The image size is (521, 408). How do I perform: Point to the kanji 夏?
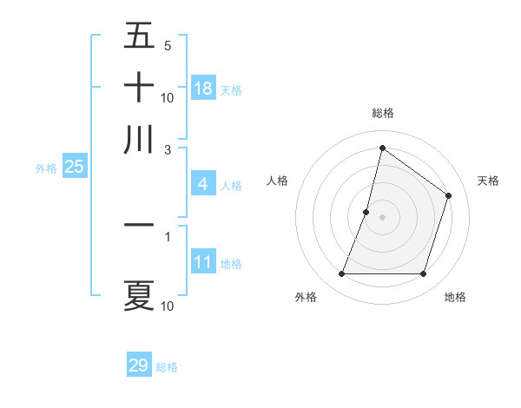coord(139,295)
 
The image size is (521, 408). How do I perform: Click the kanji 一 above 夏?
coord(139,225)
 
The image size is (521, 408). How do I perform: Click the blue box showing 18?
coord(203,89)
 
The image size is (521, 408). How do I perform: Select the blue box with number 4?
coord(202,184)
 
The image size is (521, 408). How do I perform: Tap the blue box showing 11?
coord(202,263)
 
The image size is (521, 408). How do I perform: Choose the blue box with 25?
coord(74,168)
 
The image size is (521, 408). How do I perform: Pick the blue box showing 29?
coord(139,365)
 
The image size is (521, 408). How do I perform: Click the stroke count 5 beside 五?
coord(167,45)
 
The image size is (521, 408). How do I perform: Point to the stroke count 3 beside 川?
coord(167,149)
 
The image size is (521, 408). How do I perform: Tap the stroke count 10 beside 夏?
coord(167,306)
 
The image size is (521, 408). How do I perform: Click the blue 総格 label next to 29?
coord(167,367)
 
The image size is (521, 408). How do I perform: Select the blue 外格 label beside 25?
coord(46,168)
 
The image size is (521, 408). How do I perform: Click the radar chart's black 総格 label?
coord(382,113)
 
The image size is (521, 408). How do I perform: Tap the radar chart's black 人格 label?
coord(278,181)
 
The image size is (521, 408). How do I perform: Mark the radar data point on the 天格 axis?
coord(449,196)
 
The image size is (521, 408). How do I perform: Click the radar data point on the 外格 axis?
coord(341,274)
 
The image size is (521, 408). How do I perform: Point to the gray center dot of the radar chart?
coord(382,217)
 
